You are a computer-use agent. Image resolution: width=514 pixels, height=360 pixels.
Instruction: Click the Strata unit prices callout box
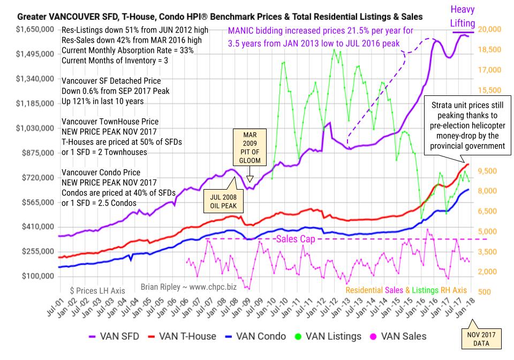[x=464, y=124]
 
